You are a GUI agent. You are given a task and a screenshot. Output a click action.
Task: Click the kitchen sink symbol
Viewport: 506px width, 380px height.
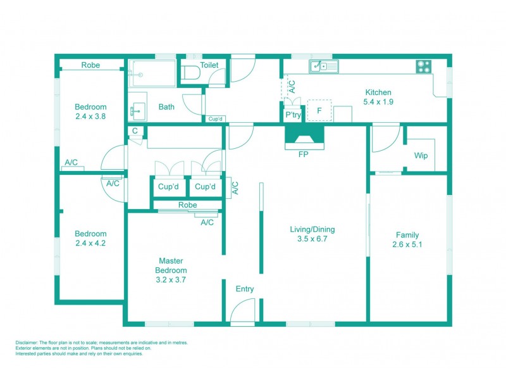324,66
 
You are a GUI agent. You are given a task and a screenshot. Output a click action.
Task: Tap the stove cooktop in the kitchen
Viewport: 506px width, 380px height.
424,66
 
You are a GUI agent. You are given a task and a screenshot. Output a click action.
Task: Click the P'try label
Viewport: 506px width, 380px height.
293,115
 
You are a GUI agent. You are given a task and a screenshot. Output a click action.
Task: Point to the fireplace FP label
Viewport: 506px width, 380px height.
304,153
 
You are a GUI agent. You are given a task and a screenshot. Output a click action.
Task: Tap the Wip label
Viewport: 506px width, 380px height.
421,156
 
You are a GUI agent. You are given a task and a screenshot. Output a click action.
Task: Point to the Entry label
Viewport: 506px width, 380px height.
245,289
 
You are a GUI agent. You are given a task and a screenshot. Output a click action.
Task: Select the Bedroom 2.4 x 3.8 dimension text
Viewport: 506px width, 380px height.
90,117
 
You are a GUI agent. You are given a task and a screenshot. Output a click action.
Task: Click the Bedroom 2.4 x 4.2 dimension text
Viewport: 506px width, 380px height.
90,243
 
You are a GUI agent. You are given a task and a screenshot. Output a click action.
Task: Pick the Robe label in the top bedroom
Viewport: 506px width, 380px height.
90,65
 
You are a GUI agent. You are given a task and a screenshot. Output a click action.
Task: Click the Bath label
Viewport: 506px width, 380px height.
166,107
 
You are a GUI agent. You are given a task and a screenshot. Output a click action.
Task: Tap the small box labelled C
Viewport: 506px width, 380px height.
135,131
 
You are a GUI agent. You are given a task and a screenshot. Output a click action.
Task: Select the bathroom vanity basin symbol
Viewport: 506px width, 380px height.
137,111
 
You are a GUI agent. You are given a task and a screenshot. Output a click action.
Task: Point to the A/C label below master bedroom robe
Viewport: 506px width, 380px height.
207,222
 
